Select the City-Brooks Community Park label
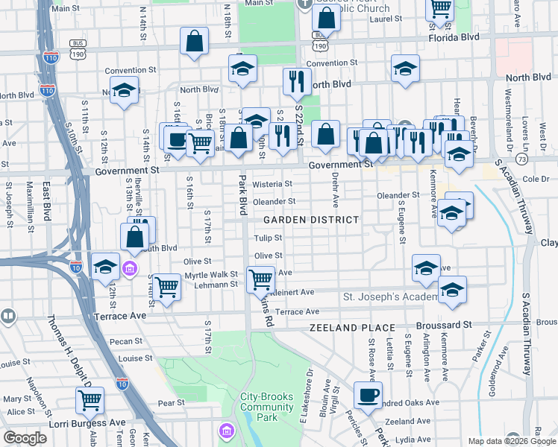[x=266, y=407]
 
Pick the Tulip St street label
[x=267, y=238]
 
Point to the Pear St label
[x=171, y=403]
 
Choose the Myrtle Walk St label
[x=211, y=275]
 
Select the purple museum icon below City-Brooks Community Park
[x=225, y=431]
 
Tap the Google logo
[x=25, y=438]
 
